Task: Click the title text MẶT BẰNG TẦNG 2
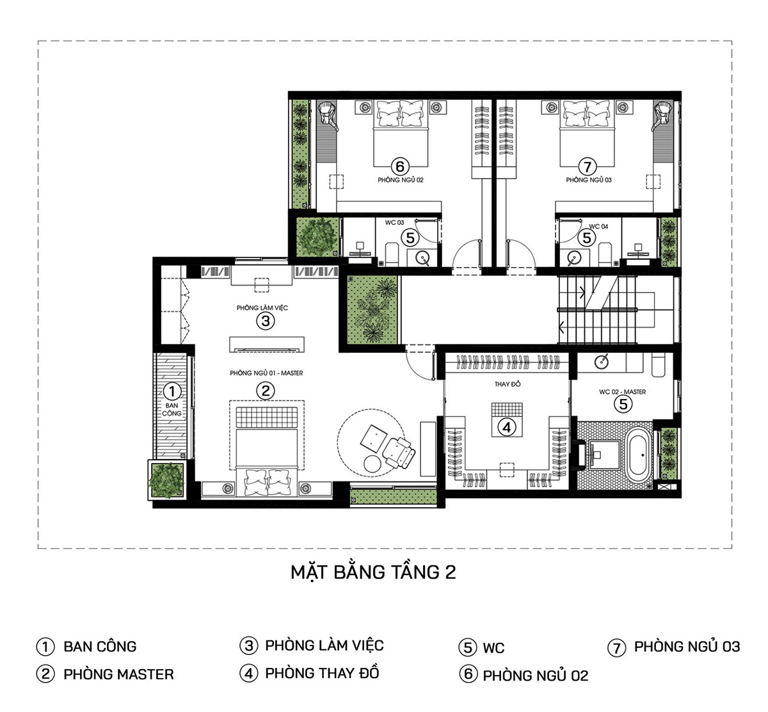pyautogui.click(x=373, y=572)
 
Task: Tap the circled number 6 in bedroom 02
pyautogui.click(x=400, y=167)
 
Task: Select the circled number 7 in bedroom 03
pyautogui.click(x=588, y=167)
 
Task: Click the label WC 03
pyautogui.click(x=394, y=223)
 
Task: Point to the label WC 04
pyautogui.click(x=598, y=227)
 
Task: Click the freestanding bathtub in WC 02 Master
pyautogui.click(x=637, y=455)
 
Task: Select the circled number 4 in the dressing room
pyautogui.click(x=507, y=427)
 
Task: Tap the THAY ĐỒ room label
pyautogui.click(x=507, y=384)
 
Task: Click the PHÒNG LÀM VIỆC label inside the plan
pyautogui.click(x=262, y=308)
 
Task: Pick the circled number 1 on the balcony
pyautogui.click(x=172, y=391)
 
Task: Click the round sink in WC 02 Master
pyautogui.click(x=601, y=362)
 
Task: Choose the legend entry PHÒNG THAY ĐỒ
pyautogui.click(x=322, y=674)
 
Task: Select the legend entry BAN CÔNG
pyautogui.click(x=100, y=647)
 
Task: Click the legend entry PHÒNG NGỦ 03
pyautogui.click(x=687, y=647)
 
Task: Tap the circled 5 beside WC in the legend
pyautogui.click(x=468, y=648)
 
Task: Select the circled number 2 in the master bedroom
pyautogui.click(x=265, y=391)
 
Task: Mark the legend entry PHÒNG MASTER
pyautogui.click(x=118, y=675)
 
